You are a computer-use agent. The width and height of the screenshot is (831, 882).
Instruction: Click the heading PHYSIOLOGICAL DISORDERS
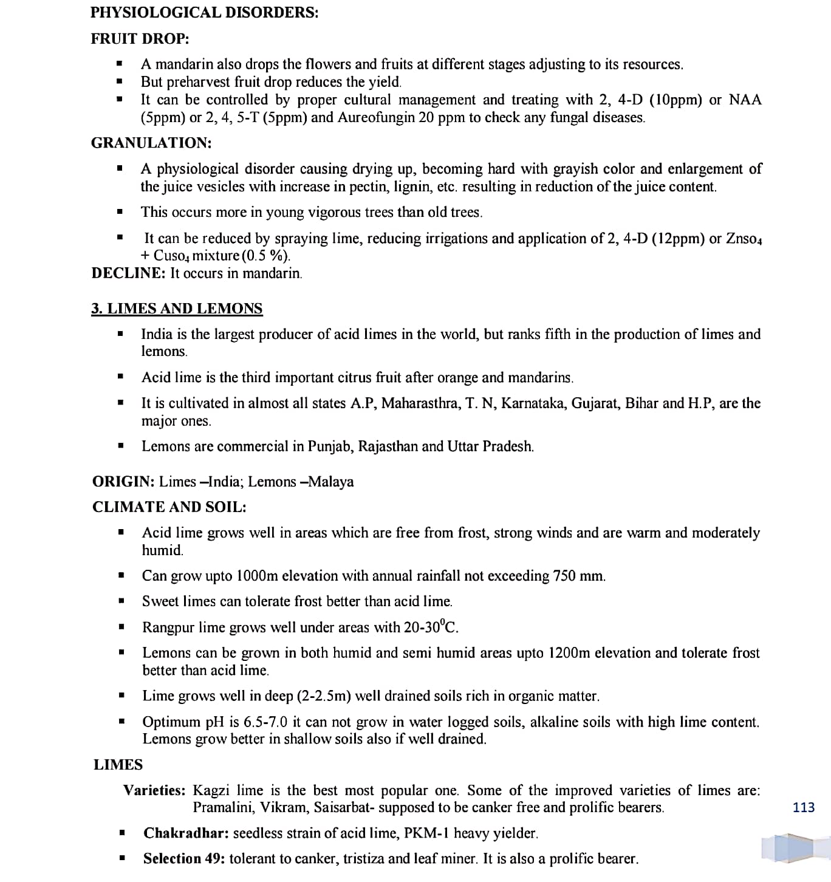[x=204, y=12]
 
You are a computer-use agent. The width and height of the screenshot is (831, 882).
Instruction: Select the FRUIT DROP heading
[x=140, y=39]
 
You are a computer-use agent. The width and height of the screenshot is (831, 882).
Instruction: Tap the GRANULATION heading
[x=151, y=143]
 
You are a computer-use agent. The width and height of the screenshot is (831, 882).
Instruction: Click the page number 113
[x=804, y=807]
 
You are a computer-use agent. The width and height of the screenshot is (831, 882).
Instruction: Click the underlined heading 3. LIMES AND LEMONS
[x=177, y=309]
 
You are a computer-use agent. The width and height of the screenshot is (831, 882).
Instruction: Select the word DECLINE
[x=128, y=273]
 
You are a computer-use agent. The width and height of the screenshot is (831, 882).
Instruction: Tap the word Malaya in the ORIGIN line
[x=331, y=482]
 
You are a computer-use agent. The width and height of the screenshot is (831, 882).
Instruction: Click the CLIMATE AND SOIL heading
[x=169, y=507]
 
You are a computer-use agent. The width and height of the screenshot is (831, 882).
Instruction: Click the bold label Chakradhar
[x=186, y=833]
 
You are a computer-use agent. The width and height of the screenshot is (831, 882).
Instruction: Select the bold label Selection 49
[x=184, y=859]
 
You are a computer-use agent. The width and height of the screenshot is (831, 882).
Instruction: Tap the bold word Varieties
[x=154, y=790]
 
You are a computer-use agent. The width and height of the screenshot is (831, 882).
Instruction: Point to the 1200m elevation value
[x=569, y=653]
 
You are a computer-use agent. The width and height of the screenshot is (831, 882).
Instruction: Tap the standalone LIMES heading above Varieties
[x=118, y=765]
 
